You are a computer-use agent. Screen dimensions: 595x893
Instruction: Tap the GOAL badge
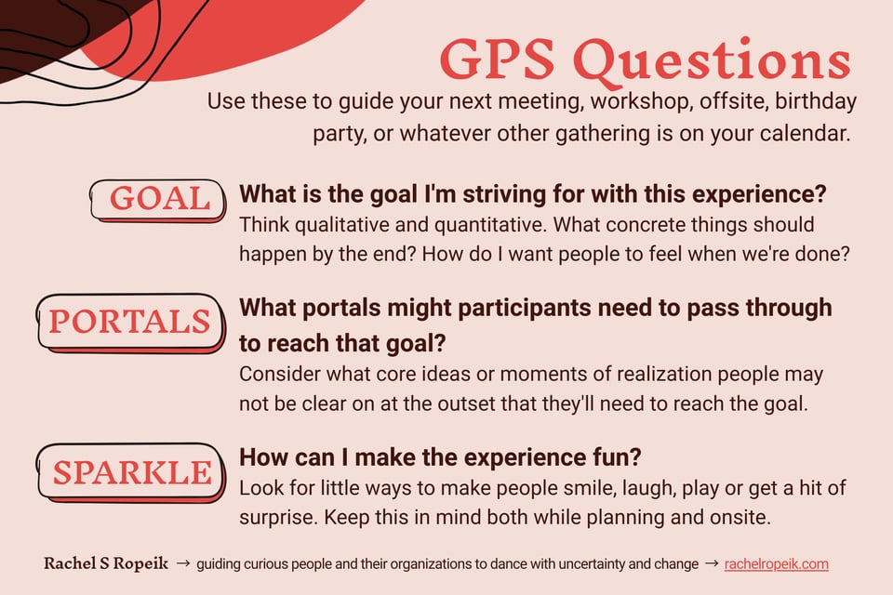pos(159,198)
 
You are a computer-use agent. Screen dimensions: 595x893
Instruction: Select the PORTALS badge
pos(129,322)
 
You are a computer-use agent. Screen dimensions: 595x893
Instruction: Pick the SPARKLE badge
pos(131,471)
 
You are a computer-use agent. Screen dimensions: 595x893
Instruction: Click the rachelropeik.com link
pos(776,564)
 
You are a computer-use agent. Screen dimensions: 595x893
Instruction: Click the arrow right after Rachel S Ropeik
pos(183,564)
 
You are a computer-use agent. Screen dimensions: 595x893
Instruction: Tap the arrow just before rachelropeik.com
pos(711,564)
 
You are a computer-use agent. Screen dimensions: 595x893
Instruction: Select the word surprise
pos(275,515)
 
